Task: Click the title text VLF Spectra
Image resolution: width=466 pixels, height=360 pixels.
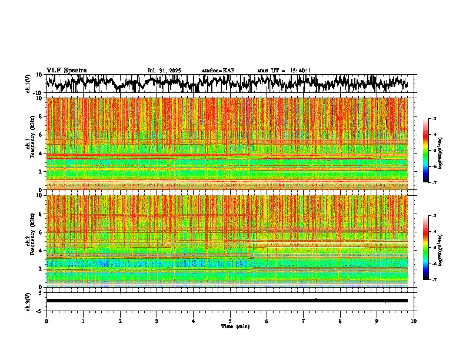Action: coord(66,70)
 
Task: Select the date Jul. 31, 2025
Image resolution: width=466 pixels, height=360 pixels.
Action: coord(164,71)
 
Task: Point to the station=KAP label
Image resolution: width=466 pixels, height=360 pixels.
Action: coord(218,71)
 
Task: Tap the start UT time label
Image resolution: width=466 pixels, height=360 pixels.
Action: coord(284,71)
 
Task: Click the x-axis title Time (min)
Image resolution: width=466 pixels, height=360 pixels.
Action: coord(235,326)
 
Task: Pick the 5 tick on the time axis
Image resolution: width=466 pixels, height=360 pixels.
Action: coord(230,321)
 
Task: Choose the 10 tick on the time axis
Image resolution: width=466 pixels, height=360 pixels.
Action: coord(414,321)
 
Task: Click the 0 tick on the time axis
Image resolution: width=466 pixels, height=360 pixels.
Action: coord(46,321)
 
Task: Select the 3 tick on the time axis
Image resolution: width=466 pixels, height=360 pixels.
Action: coord(157,321)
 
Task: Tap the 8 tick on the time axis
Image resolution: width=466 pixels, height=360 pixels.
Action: coord(340,321)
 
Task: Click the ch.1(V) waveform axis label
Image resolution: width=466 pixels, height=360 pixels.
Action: coord(28,84)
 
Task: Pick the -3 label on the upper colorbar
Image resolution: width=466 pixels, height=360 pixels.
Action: coord(434,119)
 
